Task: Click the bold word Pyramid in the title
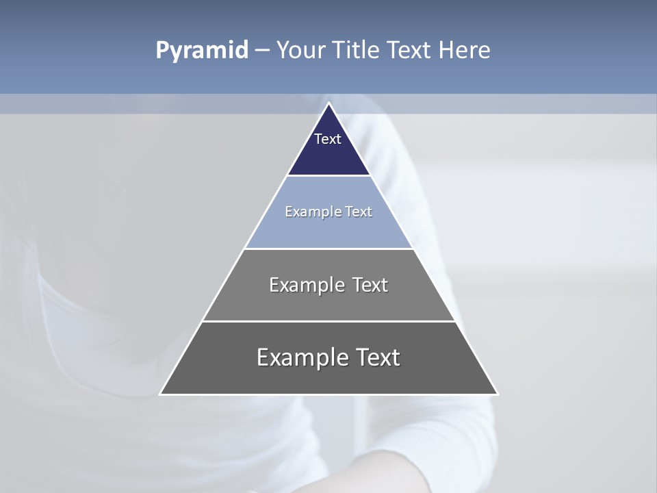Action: [202, 51]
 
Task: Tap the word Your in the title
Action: [300, 50]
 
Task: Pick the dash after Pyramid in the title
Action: [262, 51]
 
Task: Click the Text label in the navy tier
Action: [328, 139]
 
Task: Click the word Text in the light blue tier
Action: [359, 212]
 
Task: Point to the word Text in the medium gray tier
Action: [370, 285]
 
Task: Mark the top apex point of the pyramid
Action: [328, 103]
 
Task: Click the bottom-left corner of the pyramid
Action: [161, 394]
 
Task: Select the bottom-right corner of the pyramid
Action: [497, 394]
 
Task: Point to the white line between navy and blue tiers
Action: [328, 176]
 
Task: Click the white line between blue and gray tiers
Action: [328, 249]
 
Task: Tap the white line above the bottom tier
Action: [328, 321]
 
